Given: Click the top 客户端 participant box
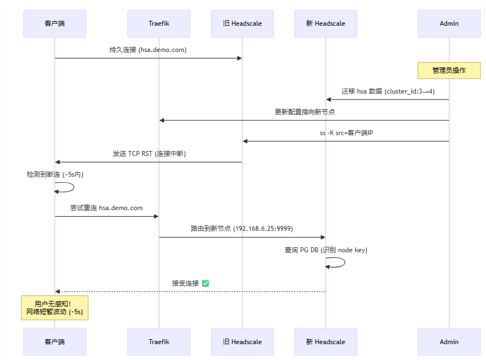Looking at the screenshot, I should click(x=55, y=24).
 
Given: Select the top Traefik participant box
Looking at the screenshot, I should click(x=159, y=24).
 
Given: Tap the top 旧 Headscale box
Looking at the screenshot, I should click(x=242, y=24).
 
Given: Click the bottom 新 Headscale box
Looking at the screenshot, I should click(x=325, y=342).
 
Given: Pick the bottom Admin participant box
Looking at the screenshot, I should click(x=449, y=342).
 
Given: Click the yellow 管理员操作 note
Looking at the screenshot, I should click(x=449, y=71).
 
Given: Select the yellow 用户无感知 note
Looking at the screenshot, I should click(x=55, y=308).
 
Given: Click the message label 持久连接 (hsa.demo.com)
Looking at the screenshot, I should click(x=148, y=50).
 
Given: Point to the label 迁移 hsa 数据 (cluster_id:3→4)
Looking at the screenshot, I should click(x=388, y=91).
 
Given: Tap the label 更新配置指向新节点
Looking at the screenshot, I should click(x=305, y=112).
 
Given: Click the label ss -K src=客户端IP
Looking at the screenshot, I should click(x=346, y=133).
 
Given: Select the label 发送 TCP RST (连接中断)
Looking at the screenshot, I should click(x=149, y=154).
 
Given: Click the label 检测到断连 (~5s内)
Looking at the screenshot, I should click(x=55, y=175).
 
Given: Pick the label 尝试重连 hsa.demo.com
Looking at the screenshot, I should click(x=106, y=208).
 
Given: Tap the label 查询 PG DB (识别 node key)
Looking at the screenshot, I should click(x=326, y=250).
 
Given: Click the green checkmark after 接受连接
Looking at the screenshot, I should click(x=206, y=283).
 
